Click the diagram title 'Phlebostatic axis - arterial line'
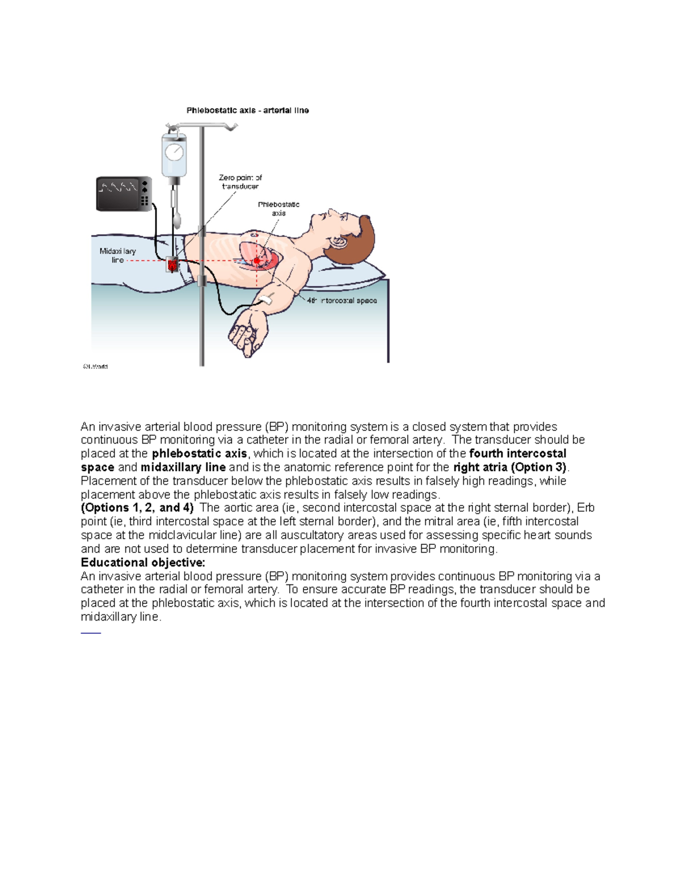click(x=247, y=110)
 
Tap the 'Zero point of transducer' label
click(x=240, y=182)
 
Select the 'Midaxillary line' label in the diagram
click(x=117, y=255)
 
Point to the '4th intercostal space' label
click(x=341, y=301)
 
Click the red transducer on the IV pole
click(x=172, y=264)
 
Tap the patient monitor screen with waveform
click(x=119, y=194)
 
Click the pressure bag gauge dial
click(x=174, y=152)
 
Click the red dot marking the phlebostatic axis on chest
click(x=257, y=261)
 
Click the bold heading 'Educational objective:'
click(x=143, y=562)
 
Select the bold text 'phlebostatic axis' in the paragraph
click(x=199, y=453)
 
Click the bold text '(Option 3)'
click(x=538, y=467)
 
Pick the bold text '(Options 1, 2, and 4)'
click(x=137, y=508)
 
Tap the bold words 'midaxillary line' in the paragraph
click(x=183, y=467)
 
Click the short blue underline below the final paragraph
click(x=90, y=633)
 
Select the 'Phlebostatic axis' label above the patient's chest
click(x=278, y=208)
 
